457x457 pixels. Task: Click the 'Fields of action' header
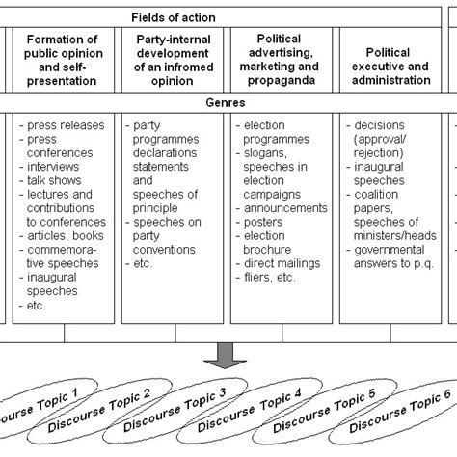pos(228,16)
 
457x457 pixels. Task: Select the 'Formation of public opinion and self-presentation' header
pos(62,60)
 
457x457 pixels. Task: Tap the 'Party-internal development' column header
pos(171,60)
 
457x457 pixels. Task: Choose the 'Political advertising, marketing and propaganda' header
pos(280,60)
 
